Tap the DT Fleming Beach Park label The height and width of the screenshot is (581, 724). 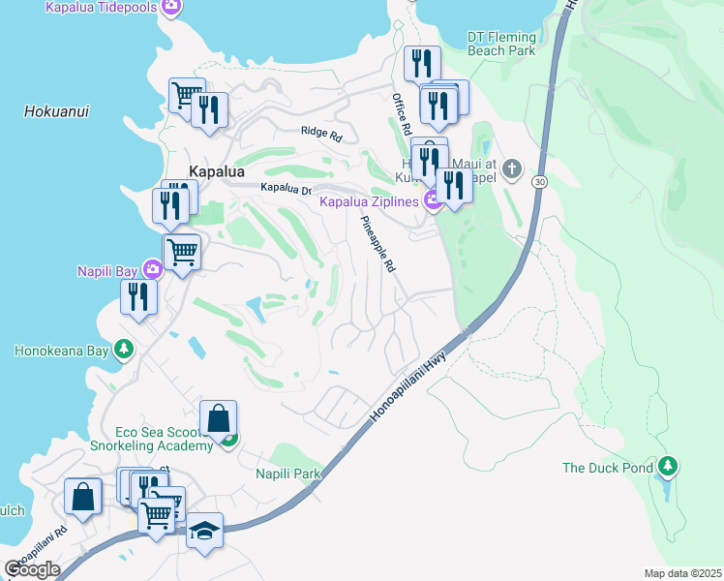500,44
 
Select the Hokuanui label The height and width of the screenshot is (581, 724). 56,111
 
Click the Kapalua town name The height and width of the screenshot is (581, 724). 217,170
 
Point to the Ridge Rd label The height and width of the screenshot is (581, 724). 321,134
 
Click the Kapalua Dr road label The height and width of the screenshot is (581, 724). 287,189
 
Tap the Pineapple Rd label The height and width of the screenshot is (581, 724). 377,243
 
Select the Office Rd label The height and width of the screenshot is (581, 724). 403,114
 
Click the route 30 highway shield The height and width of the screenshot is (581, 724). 540,182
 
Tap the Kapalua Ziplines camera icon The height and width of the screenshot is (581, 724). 434,201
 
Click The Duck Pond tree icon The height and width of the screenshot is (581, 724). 666,468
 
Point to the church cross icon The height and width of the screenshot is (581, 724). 513,170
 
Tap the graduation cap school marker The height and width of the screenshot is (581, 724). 204,531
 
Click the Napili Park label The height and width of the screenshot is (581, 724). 287,474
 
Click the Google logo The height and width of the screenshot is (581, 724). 32,569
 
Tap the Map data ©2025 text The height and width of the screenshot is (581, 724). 682,573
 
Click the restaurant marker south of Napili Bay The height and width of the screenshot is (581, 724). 138,296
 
